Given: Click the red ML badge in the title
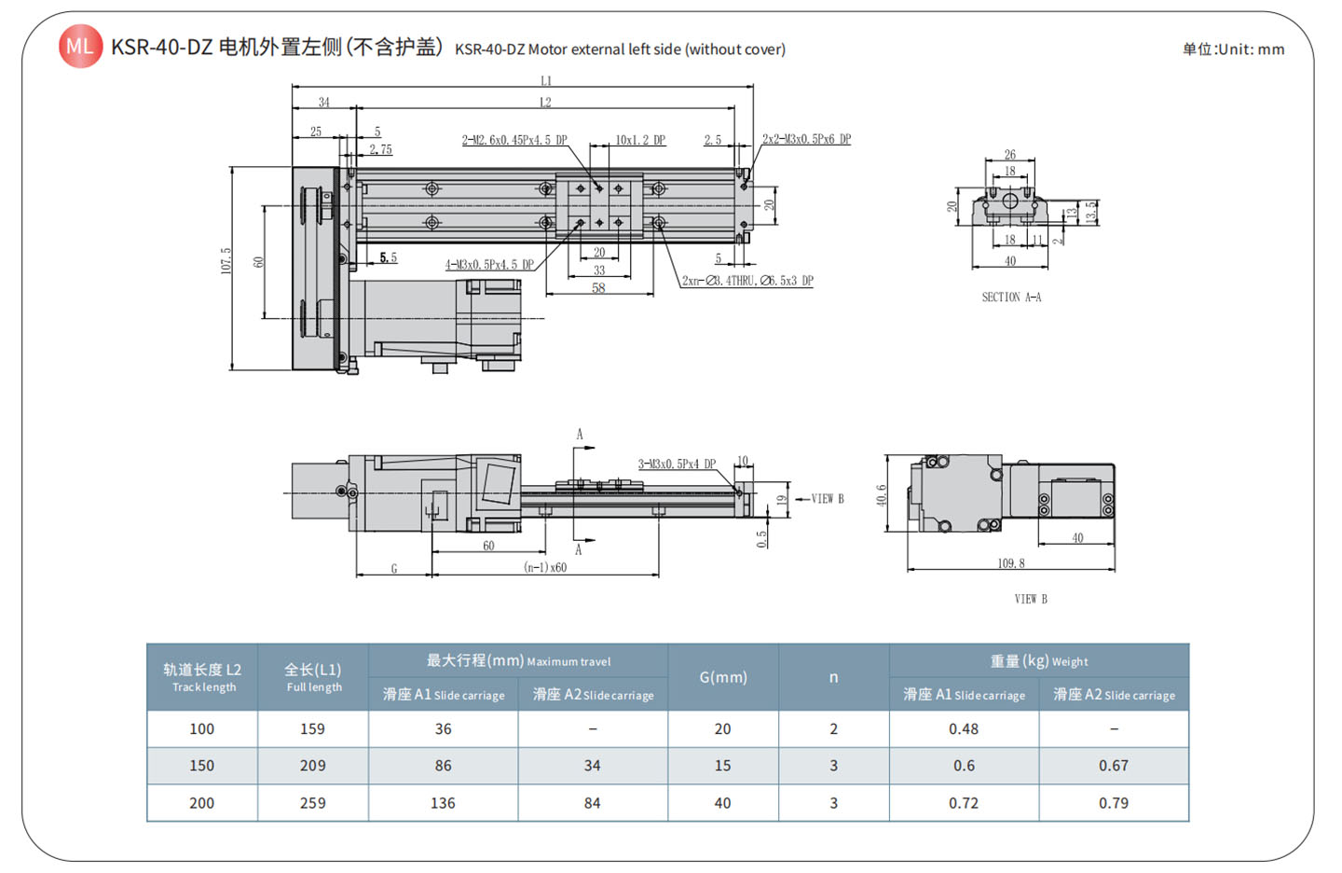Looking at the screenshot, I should coord(80,47).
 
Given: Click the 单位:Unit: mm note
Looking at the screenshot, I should coord(1233,49).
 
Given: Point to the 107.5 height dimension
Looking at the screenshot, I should coord(226,260).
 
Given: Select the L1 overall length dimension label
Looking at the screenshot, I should coord(546,81).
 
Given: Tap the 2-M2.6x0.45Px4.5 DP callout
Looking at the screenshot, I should coord(514,140).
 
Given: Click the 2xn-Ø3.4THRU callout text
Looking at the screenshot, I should coord(747,281).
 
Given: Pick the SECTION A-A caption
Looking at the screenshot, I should coord(1011,298).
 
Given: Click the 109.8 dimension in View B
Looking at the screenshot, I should coord(1011,563).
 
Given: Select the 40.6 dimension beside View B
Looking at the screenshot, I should coord(882,495).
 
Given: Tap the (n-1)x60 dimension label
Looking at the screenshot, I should coord(545,567).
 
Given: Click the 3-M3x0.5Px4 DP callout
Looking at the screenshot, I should coord(677,464).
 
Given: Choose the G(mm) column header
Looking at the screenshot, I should coord(723,677).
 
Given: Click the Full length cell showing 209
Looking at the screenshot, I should coord(313,766).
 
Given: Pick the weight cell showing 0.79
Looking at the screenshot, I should coord(1114,803).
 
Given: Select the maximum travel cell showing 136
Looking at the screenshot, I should coord(443,803).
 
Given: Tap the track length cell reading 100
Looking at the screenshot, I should coord(202,729).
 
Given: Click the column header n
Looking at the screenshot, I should coord(834,677).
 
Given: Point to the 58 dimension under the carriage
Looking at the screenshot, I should coord(598,288).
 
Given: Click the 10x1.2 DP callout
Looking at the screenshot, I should coord(640,140).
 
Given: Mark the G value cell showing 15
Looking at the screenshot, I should coord(723,766).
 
